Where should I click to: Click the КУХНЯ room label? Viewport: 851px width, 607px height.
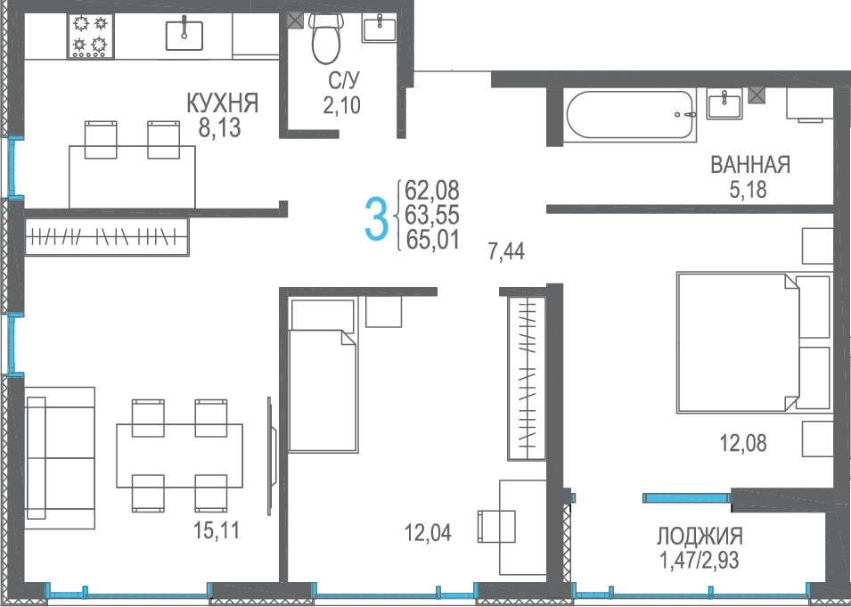point(223,103)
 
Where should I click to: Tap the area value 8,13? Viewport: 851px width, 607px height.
point(220,128)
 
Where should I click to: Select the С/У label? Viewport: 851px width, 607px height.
point(344,81)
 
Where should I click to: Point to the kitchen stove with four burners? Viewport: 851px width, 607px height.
point(91,36)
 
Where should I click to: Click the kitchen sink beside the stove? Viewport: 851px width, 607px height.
point(184,36)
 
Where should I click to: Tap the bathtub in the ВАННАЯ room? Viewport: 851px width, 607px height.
point(630,115)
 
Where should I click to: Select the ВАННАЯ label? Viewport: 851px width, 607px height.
point(750,165)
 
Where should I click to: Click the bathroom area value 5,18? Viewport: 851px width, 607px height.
point(748,190)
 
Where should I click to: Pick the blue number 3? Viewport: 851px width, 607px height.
point(377,218)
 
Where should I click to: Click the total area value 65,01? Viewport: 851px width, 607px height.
point(432,240)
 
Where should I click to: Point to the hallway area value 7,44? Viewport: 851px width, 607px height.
point(506,251)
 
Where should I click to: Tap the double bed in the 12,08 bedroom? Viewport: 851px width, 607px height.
point(753,342)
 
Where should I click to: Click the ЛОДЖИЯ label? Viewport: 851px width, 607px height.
point(700,537)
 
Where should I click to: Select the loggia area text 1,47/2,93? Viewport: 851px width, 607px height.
point(699,560)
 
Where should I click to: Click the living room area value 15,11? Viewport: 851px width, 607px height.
point(216,530)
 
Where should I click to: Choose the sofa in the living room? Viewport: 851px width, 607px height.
point(60,457)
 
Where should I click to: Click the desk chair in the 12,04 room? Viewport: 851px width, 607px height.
point(496,526)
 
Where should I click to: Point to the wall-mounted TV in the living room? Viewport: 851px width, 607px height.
point(272,456)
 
